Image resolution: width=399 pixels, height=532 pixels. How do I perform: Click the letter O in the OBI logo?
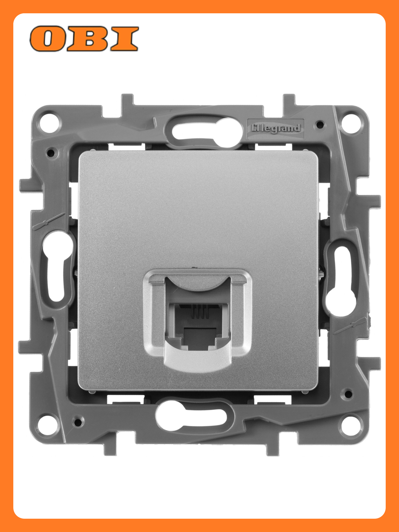(x=48, y=39)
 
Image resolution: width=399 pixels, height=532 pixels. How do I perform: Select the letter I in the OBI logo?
(x=124, y=39)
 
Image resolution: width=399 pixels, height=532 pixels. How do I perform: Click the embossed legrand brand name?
(x=276, y=128)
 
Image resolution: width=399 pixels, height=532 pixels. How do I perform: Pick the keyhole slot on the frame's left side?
(x=57, y=266)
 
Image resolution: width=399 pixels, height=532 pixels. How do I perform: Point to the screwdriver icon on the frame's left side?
(x=49, y=221)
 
